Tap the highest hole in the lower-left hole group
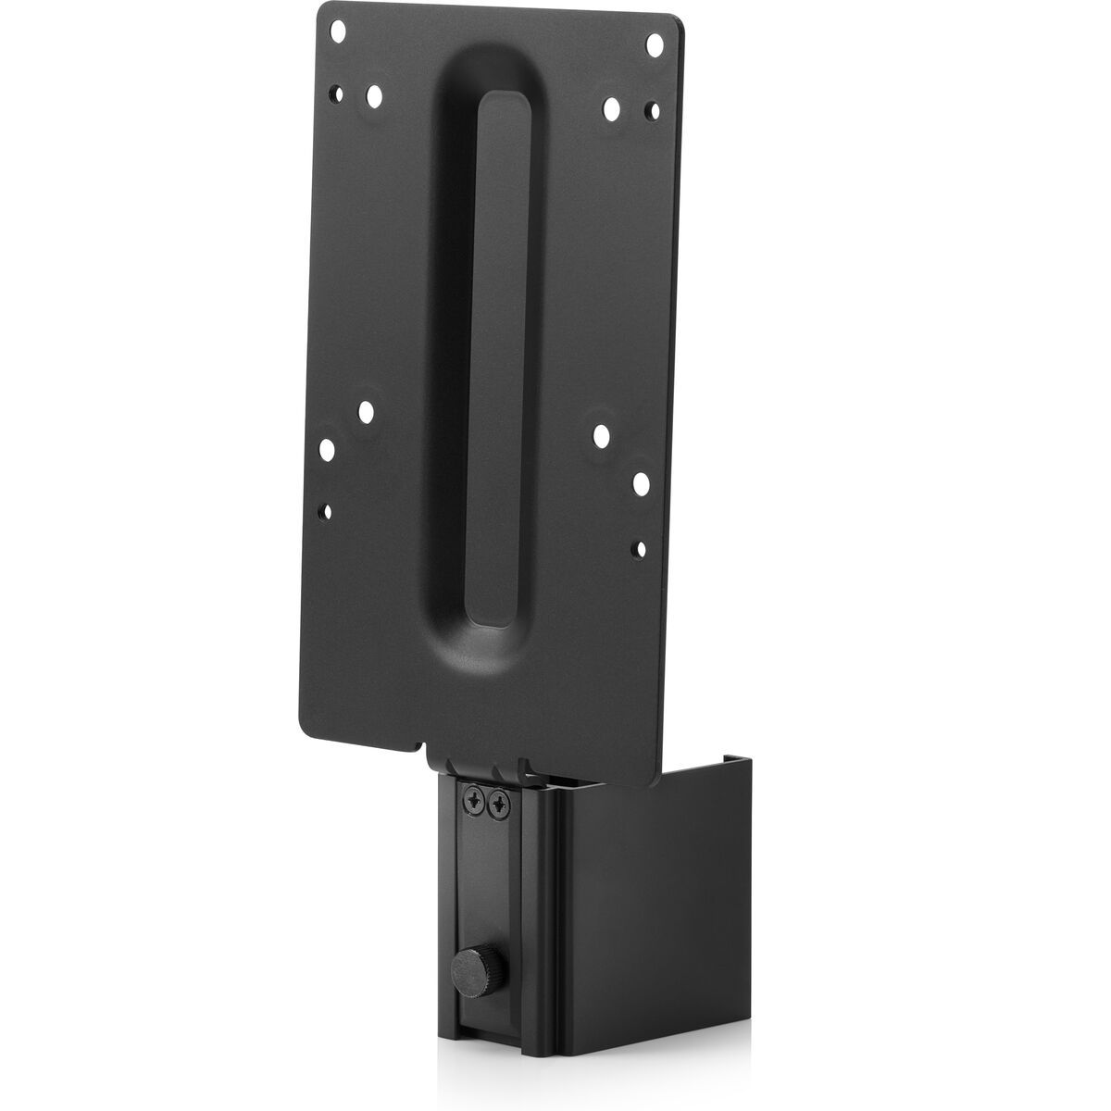[x=367, y=408]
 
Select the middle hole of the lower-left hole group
[x=326, y=450]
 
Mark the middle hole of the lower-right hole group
[x=641, y=481]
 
